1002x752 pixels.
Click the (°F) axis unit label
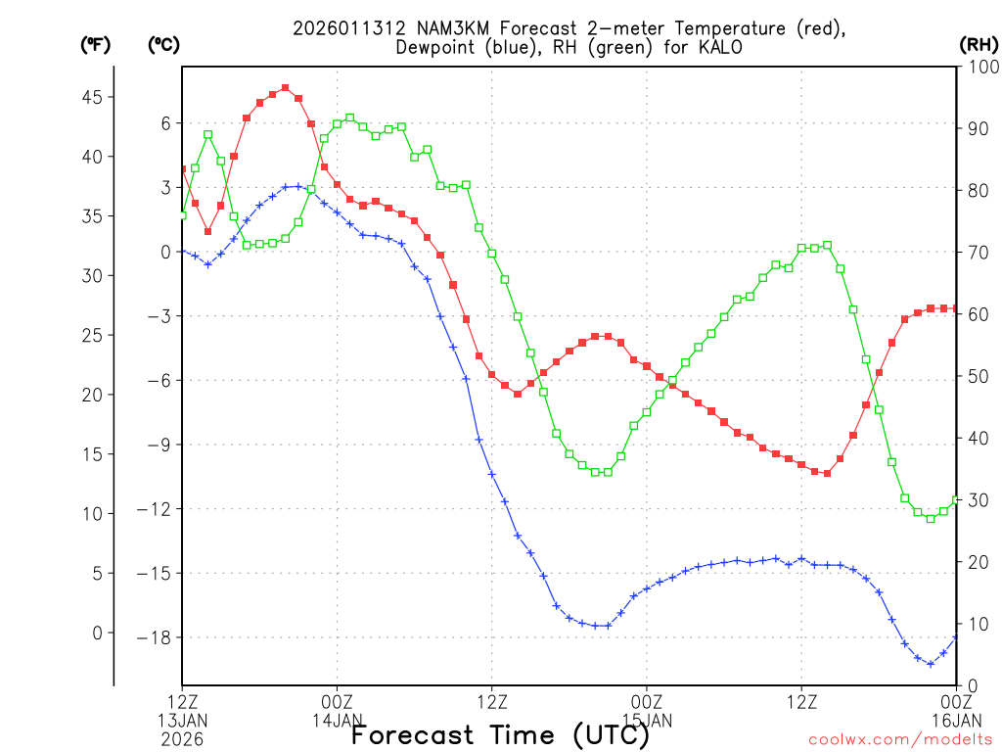pyautogui.click(x=95, y=44)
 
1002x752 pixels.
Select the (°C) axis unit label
pyautogui.click(x=162, y=44)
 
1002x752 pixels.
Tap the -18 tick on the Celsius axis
pyautogui.click(x=157, y=637)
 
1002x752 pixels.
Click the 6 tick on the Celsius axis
pyautogui.click(x=165, y=122)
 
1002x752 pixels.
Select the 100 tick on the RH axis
pyautogui.click(x=980, y=67)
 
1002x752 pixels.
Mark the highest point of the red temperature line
pyautogui.click(x=285, y=88)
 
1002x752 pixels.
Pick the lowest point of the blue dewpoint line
pyautogui.click(x=931, y=664)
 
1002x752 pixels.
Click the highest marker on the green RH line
pyautogui.click(x=350, y=117)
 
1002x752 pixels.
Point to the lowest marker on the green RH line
pyautogui.click(x=931, y=518)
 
